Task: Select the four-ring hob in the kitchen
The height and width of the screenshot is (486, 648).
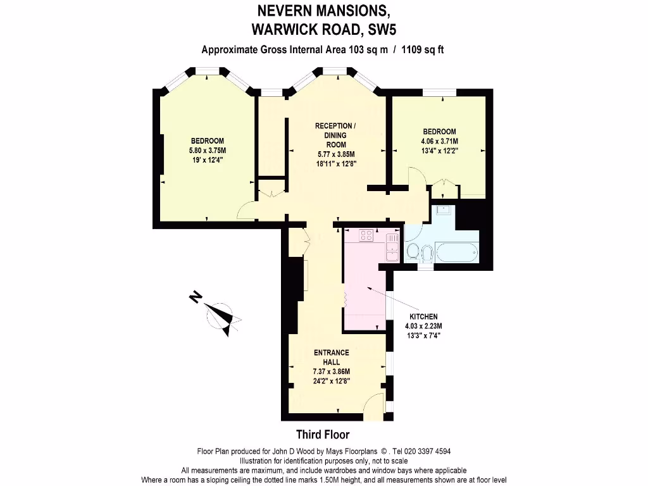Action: (x=366, y=235)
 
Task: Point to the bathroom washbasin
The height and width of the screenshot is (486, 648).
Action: (x=442, y=210)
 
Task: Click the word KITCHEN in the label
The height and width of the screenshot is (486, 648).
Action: (x=423, y=317)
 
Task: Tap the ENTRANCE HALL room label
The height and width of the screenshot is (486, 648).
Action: (x=331, y=358)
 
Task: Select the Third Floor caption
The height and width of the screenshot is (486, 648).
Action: (x=323, y=435)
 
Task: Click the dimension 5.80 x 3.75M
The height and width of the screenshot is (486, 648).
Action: (x=208, y=151)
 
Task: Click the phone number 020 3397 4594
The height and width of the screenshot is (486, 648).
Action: (x=423, y=452)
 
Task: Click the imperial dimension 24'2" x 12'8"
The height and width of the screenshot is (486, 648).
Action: (x=331, y=381)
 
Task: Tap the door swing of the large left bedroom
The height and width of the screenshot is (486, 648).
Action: (x=247, y=211)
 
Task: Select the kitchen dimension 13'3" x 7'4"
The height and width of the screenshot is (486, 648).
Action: (x=423, y=335)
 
